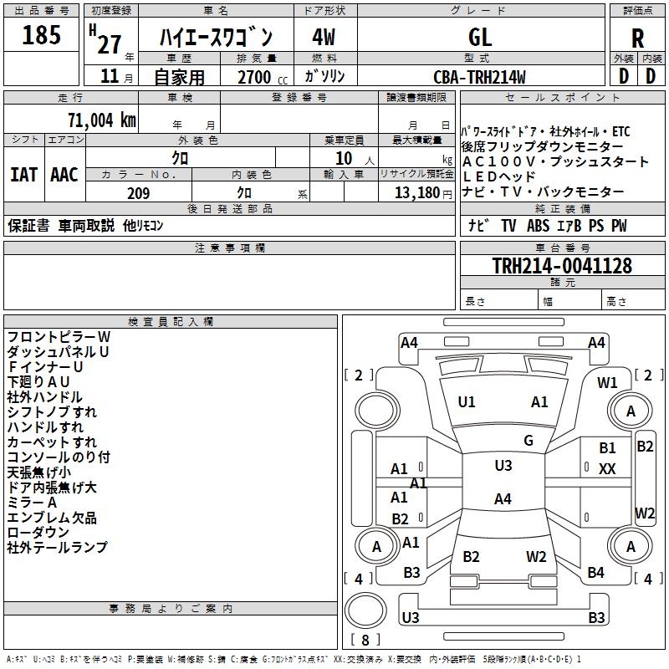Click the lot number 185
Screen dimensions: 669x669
tap(42, 36)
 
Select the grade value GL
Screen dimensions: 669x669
tap(480, 37)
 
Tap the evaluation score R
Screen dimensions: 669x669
tap(637, 38)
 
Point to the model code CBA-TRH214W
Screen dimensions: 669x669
tap(479, 77)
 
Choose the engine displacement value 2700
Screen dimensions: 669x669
tap(255, 77)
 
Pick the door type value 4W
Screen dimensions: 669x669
tap(324, 37)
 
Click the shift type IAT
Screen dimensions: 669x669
tap(24, 175)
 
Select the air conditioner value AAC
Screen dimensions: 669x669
tap(64, 175)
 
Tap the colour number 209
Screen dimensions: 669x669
tap(138, 193)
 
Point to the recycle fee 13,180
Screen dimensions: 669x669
tap(416, 193)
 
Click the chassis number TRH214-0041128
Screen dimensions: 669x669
tap(562, 266)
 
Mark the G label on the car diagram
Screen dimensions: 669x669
tap(529, 440)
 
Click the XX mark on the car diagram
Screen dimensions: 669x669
tap(607, 469)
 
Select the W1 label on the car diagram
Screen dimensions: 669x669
tap(607, 382)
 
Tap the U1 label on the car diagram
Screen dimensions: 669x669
tap(467, 402)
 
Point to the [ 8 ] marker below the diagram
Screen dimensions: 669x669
tap(365, 641)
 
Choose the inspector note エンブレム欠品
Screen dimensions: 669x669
tap(52, 518)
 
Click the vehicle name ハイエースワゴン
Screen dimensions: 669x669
tap(217, 38)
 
